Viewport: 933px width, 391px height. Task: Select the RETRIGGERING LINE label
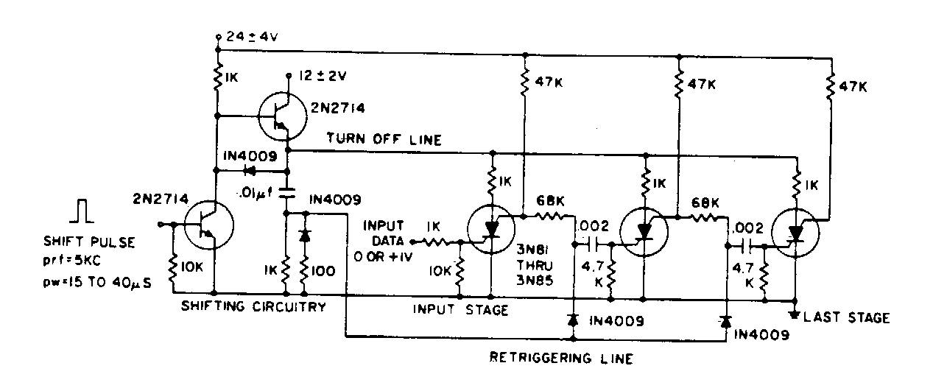click(562, 359)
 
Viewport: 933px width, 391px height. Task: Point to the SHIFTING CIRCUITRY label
click(253, 307)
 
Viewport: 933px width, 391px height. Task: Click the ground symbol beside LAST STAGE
click(795, 315)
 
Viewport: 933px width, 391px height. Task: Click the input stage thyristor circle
click(491, 229)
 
